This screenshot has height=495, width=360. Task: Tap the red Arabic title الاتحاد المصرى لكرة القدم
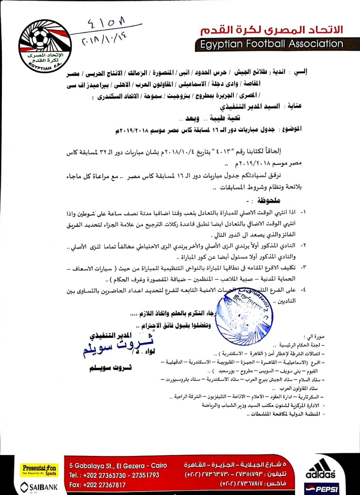click(271, 30)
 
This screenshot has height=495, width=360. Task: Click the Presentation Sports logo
click(39, 469)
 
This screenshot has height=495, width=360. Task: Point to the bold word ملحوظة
click(266, 201)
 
